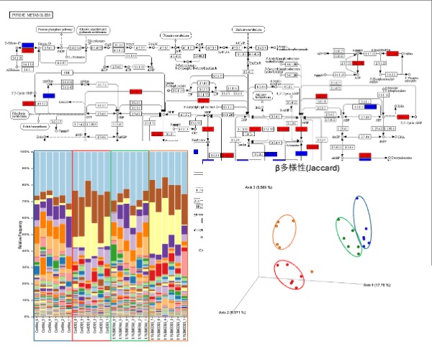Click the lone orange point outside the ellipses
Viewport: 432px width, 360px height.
[314, 269]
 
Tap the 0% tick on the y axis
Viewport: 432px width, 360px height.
[25, 315]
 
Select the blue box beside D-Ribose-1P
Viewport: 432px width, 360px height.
[28, 45]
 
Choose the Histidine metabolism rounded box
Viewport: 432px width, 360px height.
[248, 30]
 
